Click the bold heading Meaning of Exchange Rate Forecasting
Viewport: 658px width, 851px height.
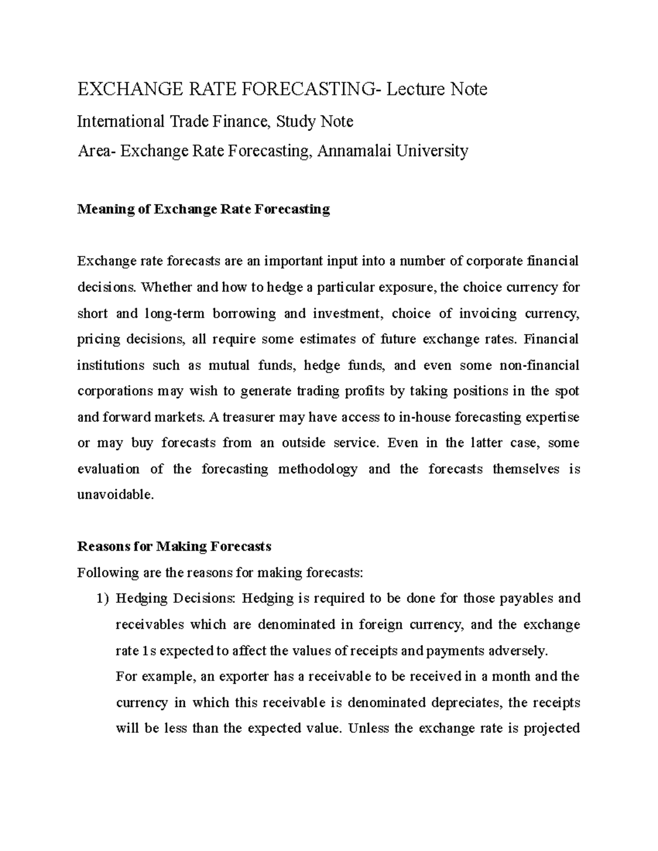point(203,209)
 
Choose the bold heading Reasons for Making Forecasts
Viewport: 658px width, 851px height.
point(174,546)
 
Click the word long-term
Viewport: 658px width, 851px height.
point(175,313)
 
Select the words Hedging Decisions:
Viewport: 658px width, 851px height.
point(175,598)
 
